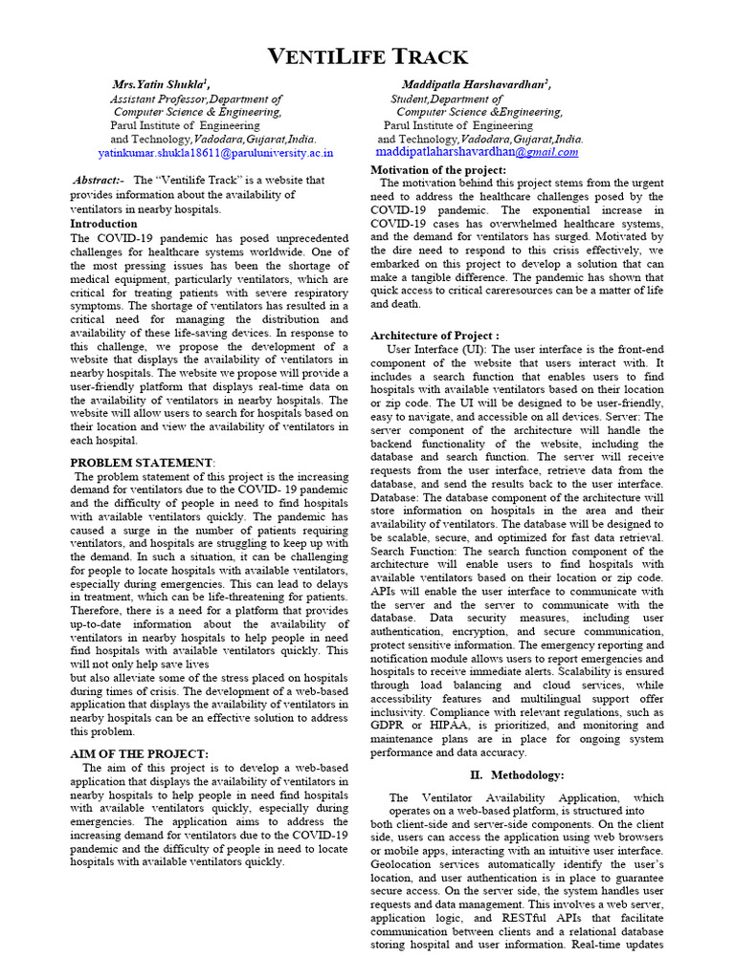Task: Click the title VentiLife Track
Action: (x=367, y=56)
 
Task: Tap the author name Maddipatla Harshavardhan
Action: (x=476, y=84)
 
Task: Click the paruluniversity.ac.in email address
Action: (x=215, y=152)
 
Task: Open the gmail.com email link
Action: (x=477, y=152)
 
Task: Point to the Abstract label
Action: (x=99, y=180)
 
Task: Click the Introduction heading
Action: (x=104, y=224)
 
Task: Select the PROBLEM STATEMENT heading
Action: (x=143, y=463)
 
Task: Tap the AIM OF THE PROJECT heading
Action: (x=140, y=754)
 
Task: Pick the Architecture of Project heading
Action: (x=434, y=336)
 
